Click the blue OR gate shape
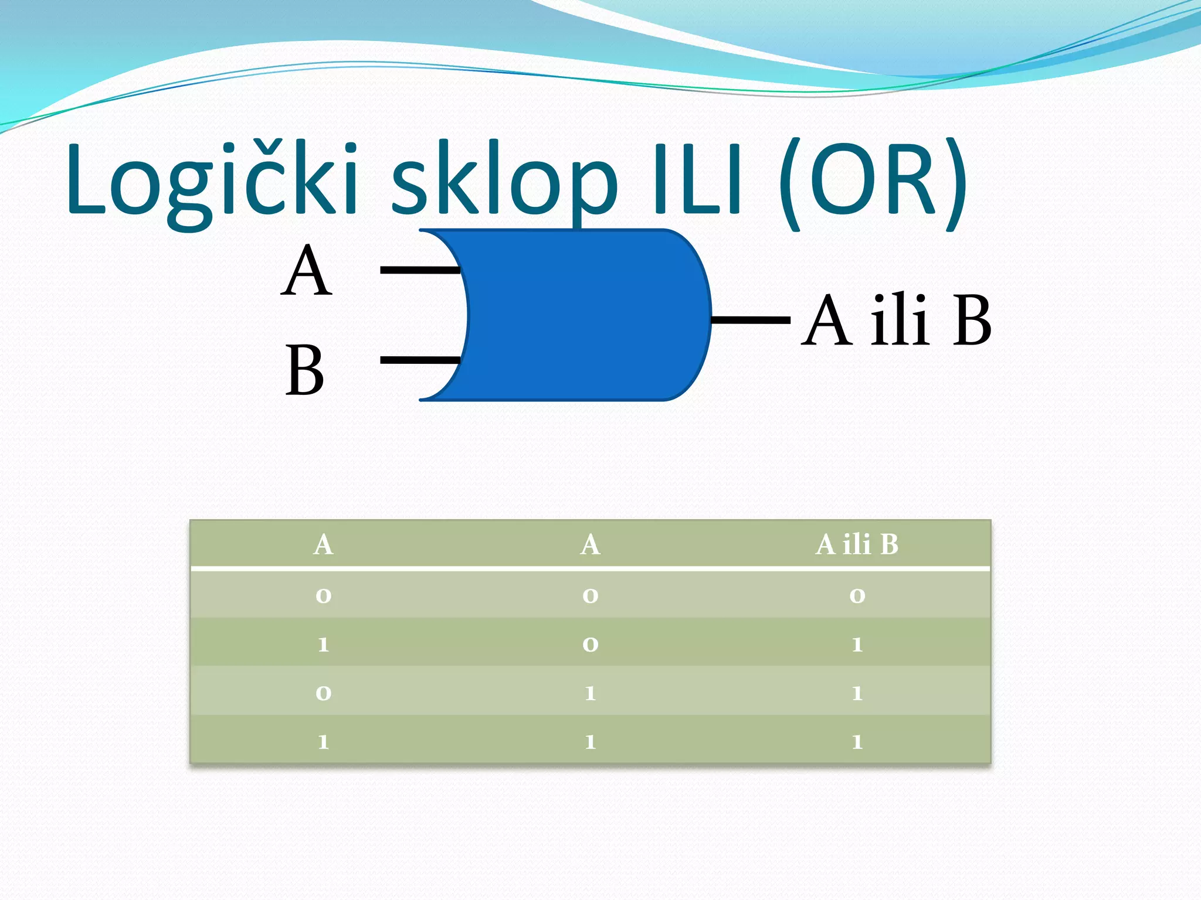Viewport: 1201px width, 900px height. [x=586, y=315]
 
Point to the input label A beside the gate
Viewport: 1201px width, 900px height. [x=307, y=271]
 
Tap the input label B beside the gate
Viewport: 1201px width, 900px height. [x=304, y=371]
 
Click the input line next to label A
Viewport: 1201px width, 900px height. [x=419, y=270]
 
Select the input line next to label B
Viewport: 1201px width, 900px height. [x=419, y=360]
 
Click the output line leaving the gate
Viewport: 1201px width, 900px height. [x=751, y=320]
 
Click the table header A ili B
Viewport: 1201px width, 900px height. [x=857, y=544]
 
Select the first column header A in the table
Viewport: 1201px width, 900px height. [x=323, y=544]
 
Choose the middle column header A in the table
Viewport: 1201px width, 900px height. [x=590, y=544]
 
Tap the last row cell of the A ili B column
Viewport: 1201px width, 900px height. [x=857, y=742]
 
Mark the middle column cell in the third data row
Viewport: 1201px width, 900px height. [x=590, y=693]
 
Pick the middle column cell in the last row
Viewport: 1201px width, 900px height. [x=590, y=742]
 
